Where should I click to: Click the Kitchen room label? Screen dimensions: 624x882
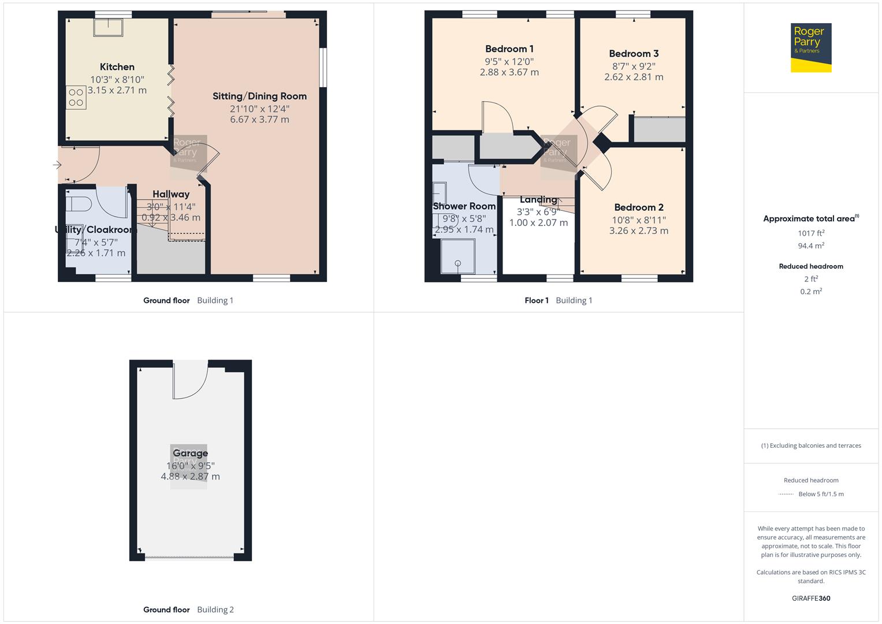[117, 67]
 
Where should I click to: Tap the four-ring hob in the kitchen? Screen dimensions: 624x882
[76, 98]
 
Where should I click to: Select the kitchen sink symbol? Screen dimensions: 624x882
[108, 27]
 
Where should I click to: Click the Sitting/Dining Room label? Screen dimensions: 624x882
[259, 96]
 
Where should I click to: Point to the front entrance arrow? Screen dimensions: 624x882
[57, 165]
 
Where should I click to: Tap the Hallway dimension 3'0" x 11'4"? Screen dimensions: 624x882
[171, 207]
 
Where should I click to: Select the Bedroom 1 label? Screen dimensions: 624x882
[509, 49]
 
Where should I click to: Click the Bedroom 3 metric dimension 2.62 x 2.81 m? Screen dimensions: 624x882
[634, 77]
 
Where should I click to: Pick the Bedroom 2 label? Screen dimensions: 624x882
[638, 207]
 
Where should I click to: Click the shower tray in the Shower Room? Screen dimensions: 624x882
[457, 256]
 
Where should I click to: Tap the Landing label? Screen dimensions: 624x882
[538, 200]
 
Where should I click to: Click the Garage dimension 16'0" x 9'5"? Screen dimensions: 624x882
[190, 466]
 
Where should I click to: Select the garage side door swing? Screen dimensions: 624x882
[190, 381]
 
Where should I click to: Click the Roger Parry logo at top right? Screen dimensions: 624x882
[810, 47]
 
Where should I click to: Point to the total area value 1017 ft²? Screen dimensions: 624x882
[811, 233]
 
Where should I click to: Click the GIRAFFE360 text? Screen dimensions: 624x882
[811, 598]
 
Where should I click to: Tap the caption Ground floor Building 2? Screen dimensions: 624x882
[188, 610]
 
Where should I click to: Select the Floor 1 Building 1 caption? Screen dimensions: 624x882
[558, 300]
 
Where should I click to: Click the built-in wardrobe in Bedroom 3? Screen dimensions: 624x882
[659, 129]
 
